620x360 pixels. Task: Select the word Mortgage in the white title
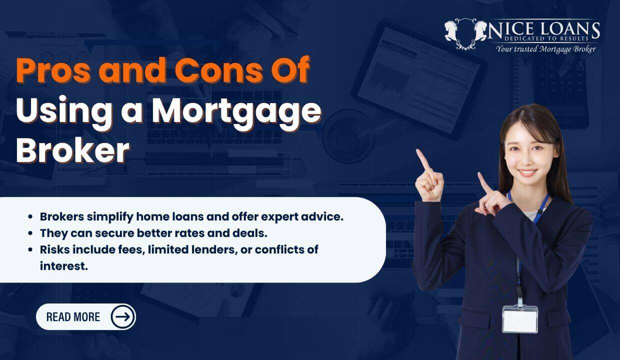pyautogui.click(x=236, y=111)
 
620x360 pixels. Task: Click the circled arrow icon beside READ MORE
pyautogui.click(x=122, y=316)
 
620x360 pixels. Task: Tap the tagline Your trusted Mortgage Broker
pyautogui.click(x=545, y=48)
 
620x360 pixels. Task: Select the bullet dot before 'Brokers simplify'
pyautogui.click(x=31, y=217)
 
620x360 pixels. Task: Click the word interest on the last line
pyautogui.click(x=64, y=265)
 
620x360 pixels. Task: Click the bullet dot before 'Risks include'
pyautogui.click(x=31, y=249)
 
